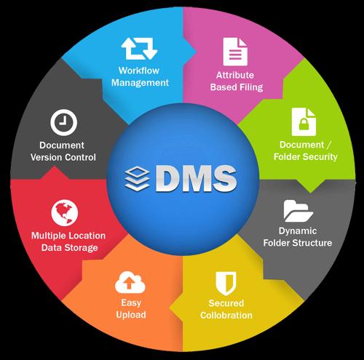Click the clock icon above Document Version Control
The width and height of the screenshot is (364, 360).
pyautogui.click(x=64, y=122)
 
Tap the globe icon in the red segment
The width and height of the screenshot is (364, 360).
pyautogui.click(x=65, y=213)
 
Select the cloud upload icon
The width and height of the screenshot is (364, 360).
pyautogui.click(x=130, y=282)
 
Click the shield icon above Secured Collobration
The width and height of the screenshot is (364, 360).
pyautogui.click(x=226, y=283)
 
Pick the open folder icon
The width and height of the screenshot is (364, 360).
pyautogui.click(x=298, y=211)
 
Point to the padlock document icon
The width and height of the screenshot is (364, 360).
pyautogui.click(x=304, y=122)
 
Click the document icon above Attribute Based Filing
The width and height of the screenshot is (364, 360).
pyautogui.click(x=235, y=52)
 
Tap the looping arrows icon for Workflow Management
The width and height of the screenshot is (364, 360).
pyautogui.click(x=139, y=49)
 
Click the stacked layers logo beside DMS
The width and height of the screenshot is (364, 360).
pyautogui.click(x=137, y=179)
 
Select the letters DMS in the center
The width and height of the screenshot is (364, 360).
pyautogui.click(x=196, y=178)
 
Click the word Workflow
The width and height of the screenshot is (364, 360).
pyautogui.click(x=139, y=71)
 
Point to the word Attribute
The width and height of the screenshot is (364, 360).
pyautogui.click(x=235, y=75)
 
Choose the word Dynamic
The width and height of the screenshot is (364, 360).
pyautogui.click(x=298, y=231)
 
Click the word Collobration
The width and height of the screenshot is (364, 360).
pyautogui.click(x=226, y=315)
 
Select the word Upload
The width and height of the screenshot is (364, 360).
pyautogui.click(x=131, y=315)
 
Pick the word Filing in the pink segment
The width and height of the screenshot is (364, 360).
pyautogui.click(x=251, y=87)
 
